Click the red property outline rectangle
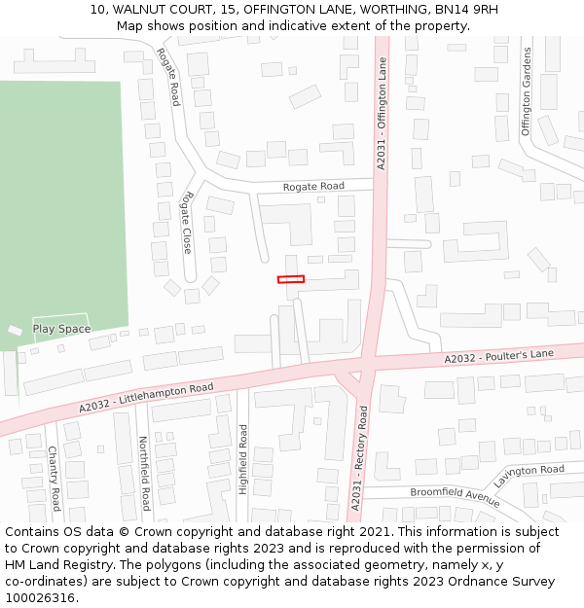click(x=291, y=279)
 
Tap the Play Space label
click(x=61, y=329)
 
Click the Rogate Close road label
click(x=186, y=223)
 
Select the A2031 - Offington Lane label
click(x=382, y=114)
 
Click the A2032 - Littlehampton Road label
click(x=146, y=401)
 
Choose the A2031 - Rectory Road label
click(x=362, y=464)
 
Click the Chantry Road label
click(x=55, y=479)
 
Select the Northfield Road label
click(x=145, y=474)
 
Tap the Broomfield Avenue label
click(x=455, y=496)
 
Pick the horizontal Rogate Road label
click(x=313, y=186)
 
